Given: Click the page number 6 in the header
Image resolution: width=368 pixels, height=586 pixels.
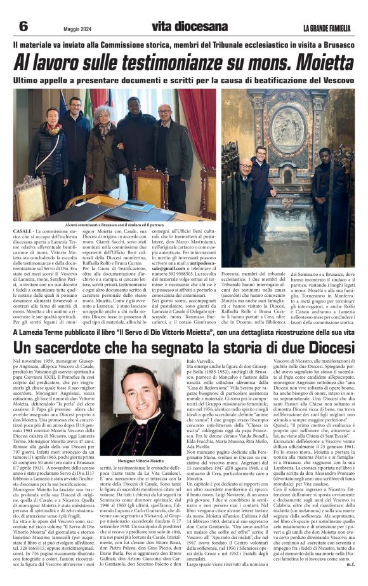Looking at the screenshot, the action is pyautogui.click(x=23, y=26).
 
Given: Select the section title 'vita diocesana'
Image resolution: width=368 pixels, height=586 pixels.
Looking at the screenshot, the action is pyautogui.click(x=189, y=27).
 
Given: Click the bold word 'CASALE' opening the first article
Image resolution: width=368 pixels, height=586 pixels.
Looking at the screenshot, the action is pyautogui.click(x=23, y=233).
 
